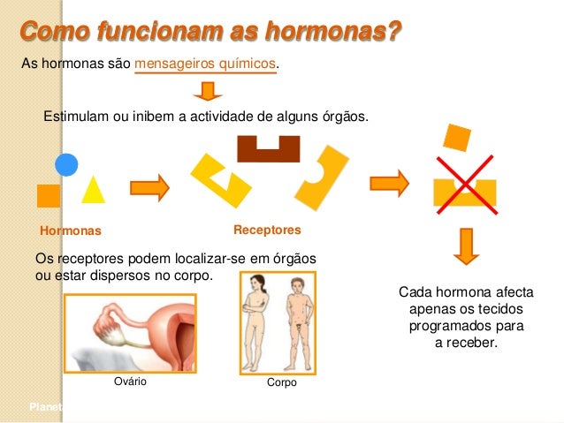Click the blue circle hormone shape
[67, 164]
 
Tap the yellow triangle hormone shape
[94, 189]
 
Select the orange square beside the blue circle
[49, 195]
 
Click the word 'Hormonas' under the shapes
[72, 230]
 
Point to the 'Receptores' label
[267, 230]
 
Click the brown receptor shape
[269, 147]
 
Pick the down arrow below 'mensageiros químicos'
[207, 91]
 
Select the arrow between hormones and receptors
[149, 186]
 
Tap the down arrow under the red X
[465, 245]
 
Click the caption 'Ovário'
[130, 382]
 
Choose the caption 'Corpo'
[281, 383]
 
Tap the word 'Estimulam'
[77, 117]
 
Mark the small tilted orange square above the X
[457, 137]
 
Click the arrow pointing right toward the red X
[389, 183]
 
